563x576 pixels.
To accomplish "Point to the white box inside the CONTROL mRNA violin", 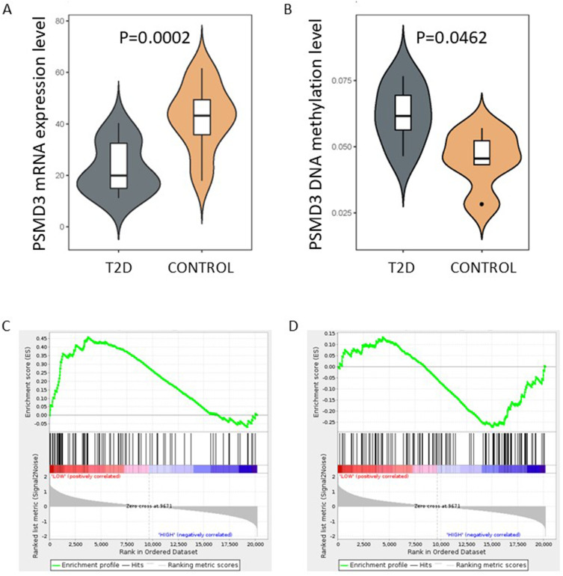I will coord(202,116).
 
